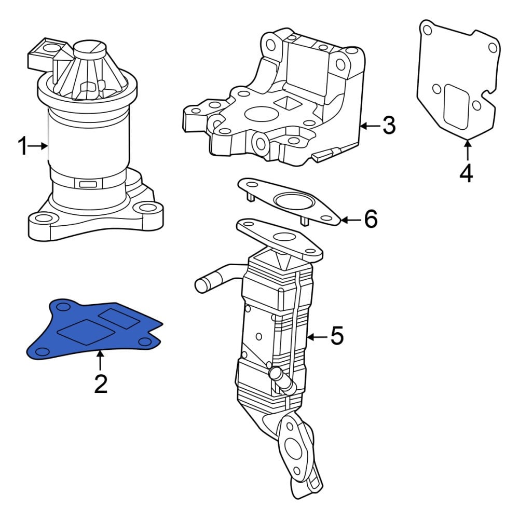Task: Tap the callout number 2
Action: coord(101,384)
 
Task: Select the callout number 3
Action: coord(389,126)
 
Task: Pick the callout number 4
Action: coord(467,173)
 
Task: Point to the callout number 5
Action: coord(337,335)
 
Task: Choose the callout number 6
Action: coord(371,219)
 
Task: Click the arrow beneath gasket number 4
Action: coord(468,151)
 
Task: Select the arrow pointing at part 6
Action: coord(351,220)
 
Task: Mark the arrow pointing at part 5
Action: coord(318,337)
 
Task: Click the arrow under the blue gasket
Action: coord(100,361)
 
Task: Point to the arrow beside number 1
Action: coord(38,146)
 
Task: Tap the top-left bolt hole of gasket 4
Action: coord(427,30)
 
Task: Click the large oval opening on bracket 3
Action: coord(261,114)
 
